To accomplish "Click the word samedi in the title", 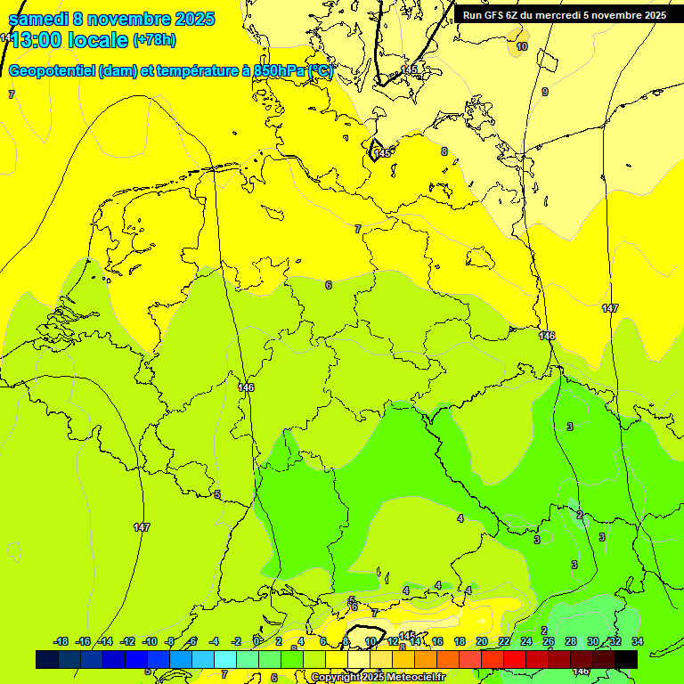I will click(x=38, y=19).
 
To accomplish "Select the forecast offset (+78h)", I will click(x=154, y=40).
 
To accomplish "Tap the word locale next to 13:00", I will click(x=103, y=40).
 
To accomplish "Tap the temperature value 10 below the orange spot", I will click(x=522, y=46).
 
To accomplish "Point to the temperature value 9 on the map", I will click(x=545, y=92).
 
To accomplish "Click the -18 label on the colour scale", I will click(x=61, y=641).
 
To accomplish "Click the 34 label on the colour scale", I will click(x=637, y=641).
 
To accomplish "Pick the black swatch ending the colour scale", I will click(x=626, y=659).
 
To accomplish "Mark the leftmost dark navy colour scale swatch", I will click(x=46, y=659).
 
